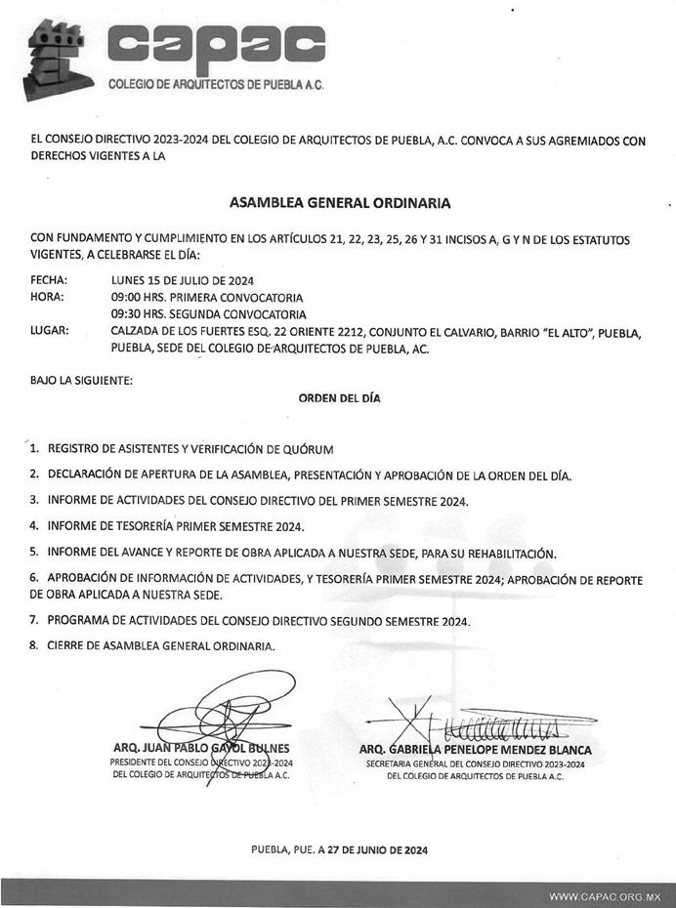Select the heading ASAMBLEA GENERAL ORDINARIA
click(x=339, y=203)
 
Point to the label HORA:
click(x=47, y=297)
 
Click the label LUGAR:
click(x=49, y=332)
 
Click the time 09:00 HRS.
click(x=136, y=297)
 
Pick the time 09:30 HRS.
click(x=136, y=314)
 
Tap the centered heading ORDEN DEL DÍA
click(x=339, y=398)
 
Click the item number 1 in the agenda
click(x=34, y=449)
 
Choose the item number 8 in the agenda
click(x=34, y=645)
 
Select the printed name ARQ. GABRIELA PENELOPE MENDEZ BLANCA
click(x=475, y=750)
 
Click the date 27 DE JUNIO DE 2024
click(x=375, y=850)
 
